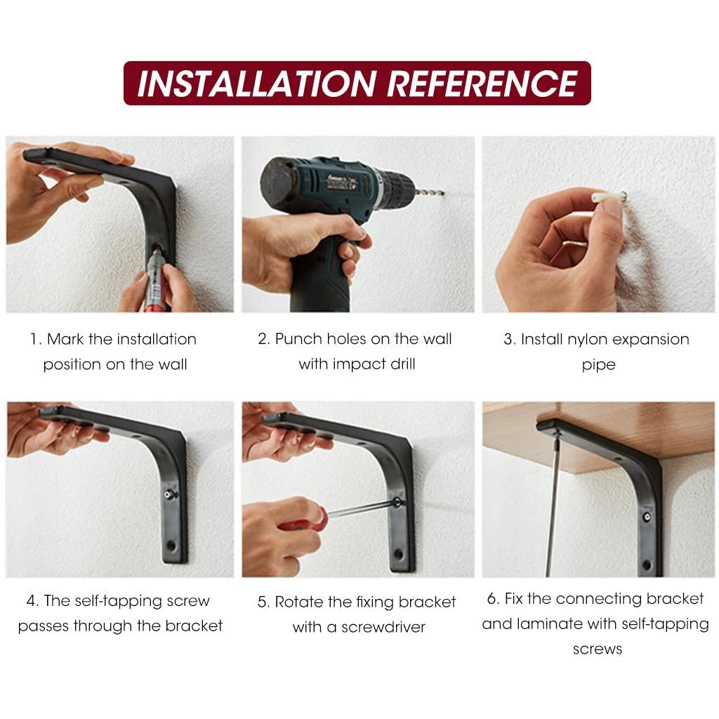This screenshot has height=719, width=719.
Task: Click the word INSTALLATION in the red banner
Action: pos(257,84)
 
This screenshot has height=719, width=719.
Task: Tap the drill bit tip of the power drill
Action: pos(443,193)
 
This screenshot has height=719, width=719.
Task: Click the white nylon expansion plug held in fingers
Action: pos(607,197)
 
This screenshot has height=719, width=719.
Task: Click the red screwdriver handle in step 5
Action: pos(301,520)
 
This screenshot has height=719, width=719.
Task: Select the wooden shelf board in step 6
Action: pos(596,435)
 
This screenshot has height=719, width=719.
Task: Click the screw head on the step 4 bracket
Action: pos(170,494)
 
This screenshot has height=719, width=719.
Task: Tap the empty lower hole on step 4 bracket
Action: pos(171,546)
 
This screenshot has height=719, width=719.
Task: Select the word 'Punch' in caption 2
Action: pos(298,339)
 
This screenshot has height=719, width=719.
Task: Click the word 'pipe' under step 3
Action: pos(598,365)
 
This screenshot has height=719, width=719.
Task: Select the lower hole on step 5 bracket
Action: pos(399,554)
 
